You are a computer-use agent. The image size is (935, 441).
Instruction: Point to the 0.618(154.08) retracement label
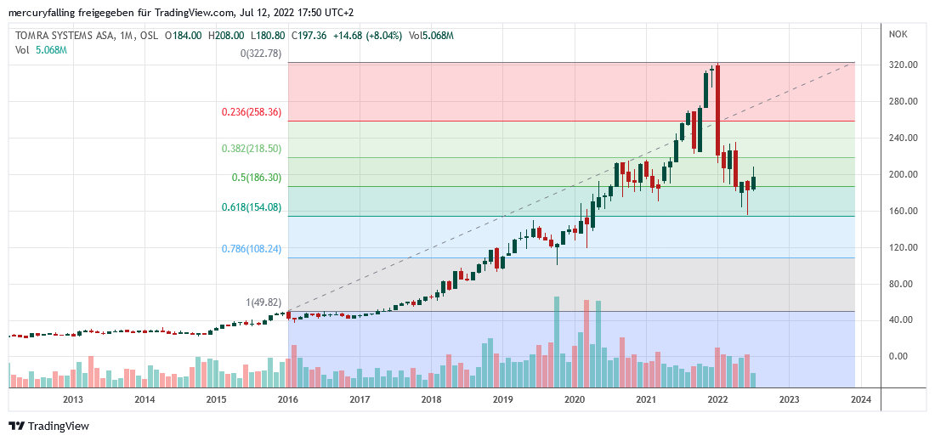pos(251,207)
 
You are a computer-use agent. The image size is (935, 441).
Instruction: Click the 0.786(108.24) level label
pos(251,249)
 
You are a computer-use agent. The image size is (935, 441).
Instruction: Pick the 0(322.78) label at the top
pos(260,54)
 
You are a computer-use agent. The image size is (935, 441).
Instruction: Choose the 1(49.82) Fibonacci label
pos(263,302)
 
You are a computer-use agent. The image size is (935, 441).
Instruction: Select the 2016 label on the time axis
pos(288,399)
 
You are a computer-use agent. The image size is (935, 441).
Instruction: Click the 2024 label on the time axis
pos(860,399)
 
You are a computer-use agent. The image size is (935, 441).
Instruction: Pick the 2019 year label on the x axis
pos(502,399)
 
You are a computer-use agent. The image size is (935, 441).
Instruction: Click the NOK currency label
pos(898,34)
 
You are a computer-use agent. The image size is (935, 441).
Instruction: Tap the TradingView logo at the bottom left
pos(48,426)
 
